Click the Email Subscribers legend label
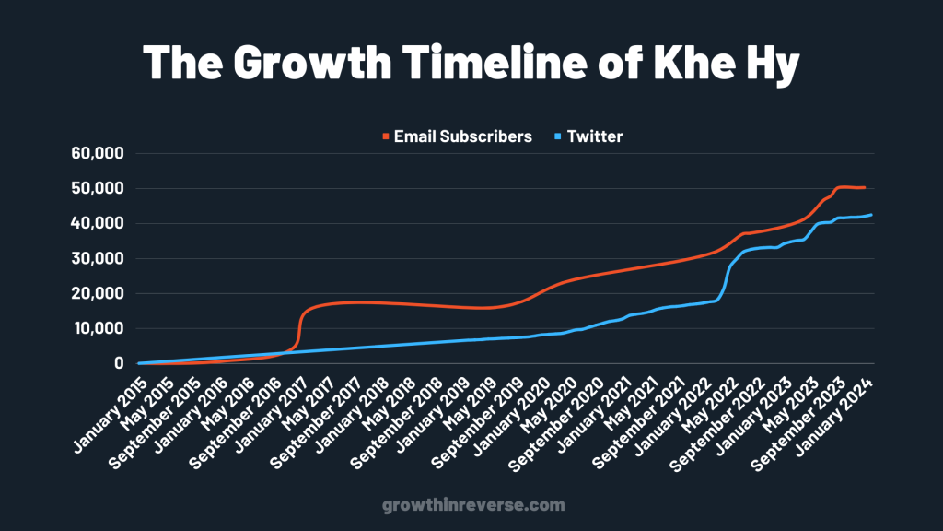tap(462, 136)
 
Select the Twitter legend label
tap(595, 136)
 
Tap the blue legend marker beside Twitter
tap(557, 137)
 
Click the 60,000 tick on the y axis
tap(97, 153)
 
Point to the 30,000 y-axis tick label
tap(97, 258)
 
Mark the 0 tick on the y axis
tap(119, 363)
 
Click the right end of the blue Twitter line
tap(871, 215)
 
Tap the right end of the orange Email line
tap(864, 187)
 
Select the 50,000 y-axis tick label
tap(97, 188)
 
